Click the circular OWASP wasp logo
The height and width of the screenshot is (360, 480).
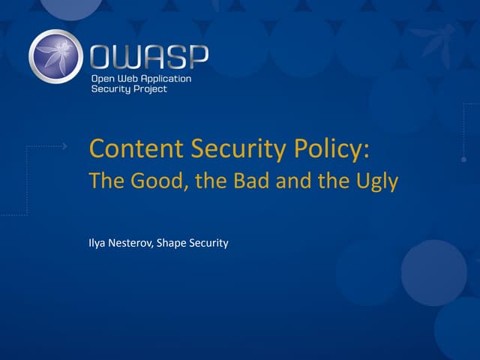pos(57,56)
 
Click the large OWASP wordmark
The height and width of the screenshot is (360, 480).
pos(148,56)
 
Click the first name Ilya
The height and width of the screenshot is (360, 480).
pos(97,244)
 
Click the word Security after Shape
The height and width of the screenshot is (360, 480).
pos(210,244)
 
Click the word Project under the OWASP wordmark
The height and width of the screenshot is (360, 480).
pos(149,89)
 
